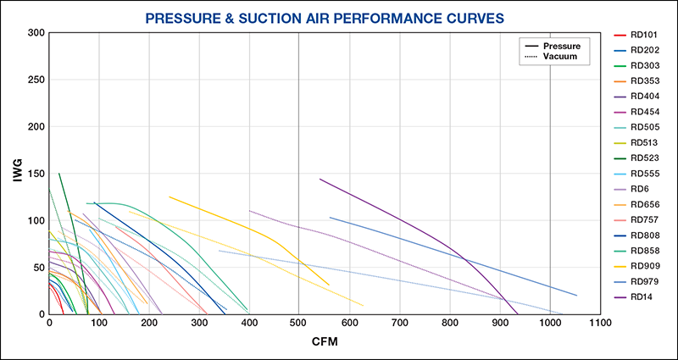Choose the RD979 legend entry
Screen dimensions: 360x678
643,280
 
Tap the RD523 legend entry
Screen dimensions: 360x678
643,158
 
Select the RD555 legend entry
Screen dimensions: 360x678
643,173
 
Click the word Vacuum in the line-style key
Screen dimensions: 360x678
559,56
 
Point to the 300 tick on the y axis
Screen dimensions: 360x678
35,33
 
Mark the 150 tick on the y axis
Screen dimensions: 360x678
35,174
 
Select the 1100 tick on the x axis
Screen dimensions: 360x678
600,324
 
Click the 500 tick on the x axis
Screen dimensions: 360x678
298,324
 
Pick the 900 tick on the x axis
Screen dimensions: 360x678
500,324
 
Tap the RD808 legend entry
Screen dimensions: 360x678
643,235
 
